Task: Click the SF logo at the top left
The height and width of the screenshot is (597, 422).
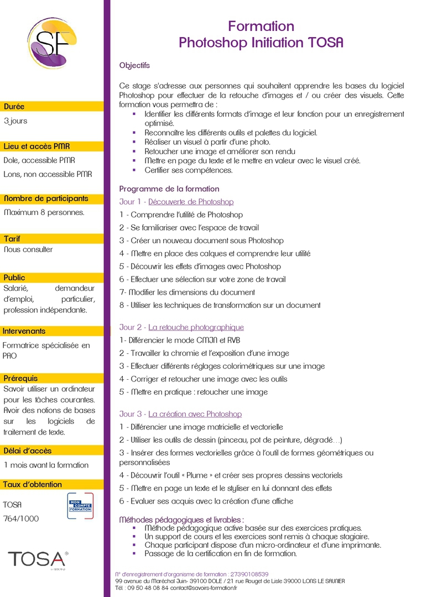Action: [x=52, y=43]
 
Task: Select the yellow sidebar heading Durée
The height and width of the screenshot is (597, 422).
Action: [x=14, y=107]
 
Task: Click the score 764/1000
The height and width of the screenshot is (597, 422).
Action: [x=21, y=519]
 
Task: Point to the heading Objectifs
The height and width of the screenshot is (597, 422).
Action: [x=134, y=65]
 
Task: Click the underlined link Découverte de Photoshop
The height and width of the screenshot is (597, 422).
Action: [x=191, y=202]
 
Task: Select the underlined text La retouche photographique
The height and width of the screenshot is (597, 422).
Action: [x=196, y=327]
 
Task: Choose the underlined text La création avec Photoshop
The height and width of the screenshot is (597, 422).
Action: [x=195, y=414]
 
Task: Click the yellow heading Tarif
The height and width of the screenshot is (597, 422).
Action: [x=12, y=239]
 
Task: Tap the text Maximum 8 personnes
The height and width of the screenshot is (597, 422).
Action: [x=44, y=212]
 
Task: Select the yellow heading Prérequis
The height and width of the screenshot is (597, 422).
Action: [x=20, y=378]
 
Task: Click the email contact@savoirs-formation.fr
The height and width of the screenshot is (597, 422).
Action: [x=203, y=588]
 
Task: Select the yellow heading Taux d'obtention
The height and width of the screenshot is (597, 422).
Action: [x=33, y=484]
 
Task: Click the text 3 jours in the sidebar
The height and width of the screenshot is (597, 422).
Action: [x=15, y=121]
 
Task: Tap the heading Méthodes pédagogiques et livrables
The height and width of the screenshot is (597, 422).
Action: [x=181, y=520]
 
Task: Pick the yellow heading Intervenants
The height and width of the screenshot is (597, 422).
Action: [x=24, y=331]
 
